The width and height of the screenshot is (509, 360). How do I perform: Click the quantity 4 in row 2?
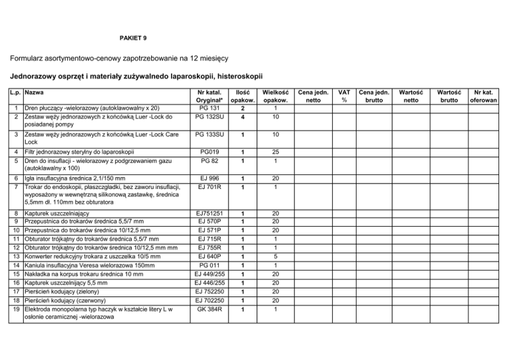tap(243, 117)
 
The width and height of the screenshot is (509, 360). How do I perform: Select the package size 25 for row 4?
tap(274, 152)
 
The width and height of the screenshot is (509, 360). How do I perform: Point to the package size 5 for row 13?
tap(274, 256)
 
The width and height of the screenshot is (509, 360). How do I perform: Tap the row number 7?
tap(16, 186)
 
